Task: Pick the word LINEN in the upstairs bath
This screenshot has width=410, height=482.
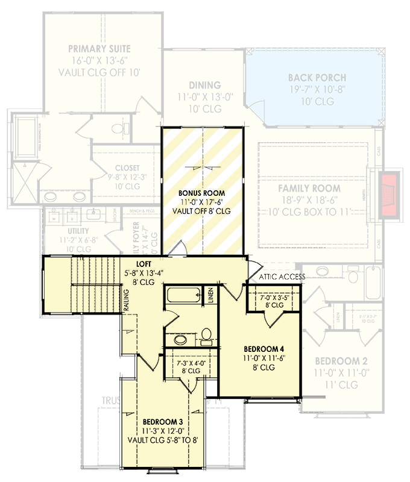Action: (210, 296)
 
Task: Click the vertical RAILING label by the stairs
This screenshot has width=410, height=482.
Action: (127, 300)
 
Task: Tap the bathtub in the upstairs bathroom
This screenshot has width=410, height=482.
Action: (183, 296)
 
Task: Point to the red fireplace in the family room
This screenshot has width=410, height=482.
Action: (387, 196)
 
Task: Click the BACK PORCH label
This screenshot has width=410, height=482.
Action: (317, 78)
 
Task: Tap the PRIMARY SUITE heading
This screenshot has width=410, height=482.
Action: (99, 49)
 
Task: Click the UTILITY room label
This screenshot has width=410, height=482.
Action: (78, 231)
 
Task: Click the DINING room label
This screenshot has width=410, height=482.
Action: (204, 86)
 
